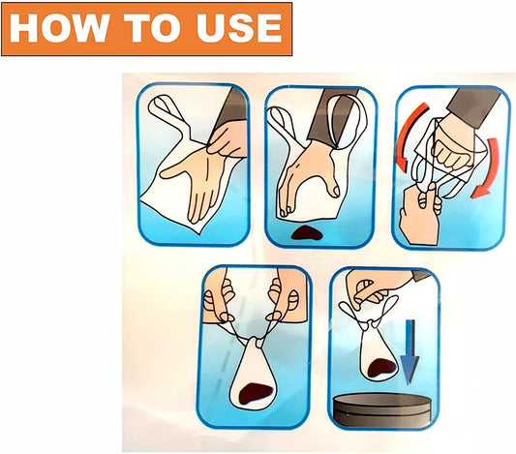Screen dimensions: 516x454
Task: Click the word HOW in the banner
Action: pos(60,28)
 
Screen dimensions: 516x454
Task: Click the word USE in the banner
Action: pos(239,28)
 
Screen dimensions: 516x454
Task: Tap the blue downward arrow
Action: pos(410,352)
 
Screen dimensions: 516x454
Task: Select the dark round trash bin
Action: pos(381,409)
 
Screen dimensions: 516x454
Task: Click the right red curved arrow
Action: pos(486,167)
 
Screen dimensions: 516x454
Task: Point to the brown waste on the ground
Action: pos(307,232)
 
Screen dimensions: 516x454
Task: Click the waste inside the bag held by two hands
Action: pos(256,393)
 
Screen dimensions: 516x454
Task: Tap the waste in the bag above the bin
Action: pos(381,367)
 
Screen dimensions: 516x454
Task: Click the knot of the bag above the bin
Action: pos(370,325)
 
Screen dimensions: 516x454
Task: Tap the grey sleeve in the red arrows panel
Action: pos(472,105)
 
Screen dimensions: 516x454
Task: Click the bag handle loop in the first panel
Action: pos(167,111)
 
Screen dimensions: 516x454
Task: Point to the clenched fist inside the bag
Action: pos(453,145)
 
